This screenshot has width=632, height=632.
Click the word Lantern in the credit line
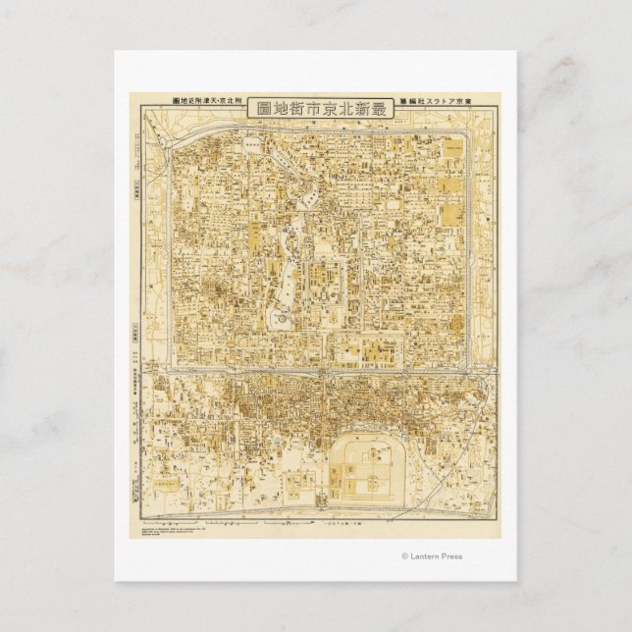click(425, 556)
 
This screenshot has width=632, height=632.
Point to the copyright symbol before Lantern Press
click(404, 556)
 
